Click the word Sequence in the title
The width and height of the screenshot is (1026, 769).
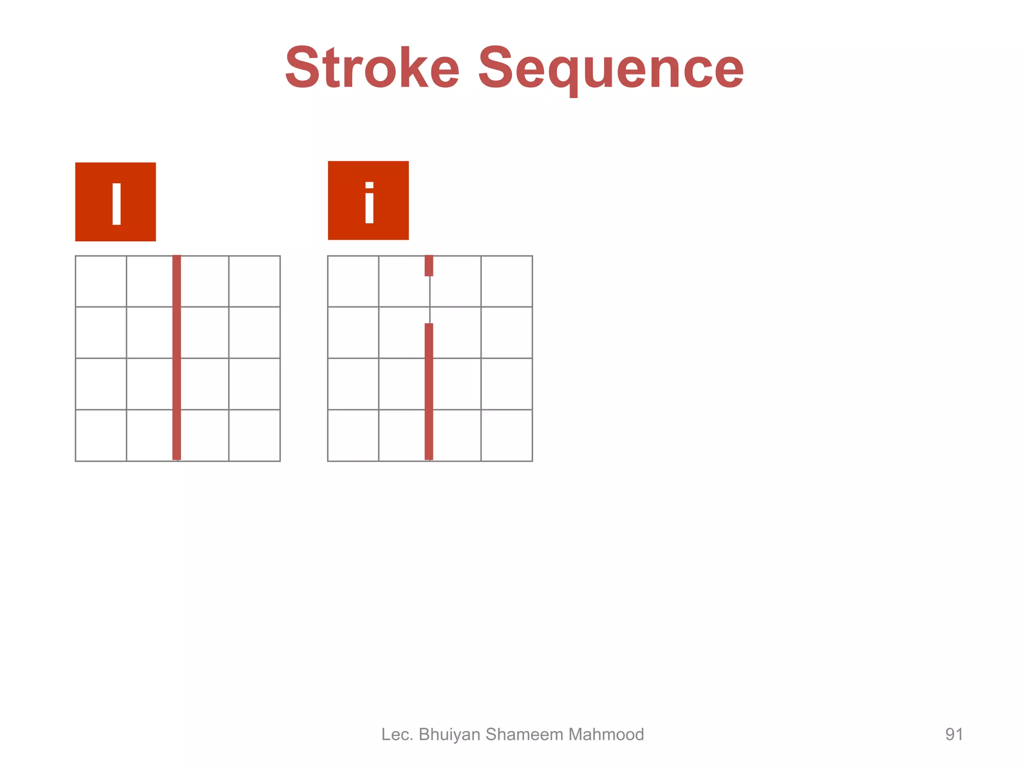[611, 68]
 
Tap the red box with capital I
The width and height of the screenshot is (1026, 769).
[115, 202]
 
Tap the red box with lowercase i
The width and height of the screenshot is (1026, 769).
[368, 200]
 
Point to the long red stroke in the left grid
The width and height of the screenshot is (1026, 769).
[176, 357]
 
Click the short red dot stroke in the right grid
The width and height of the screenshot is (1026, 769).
[429, 265]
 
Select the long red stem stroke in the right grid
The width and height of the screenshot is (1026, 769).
[429, 392]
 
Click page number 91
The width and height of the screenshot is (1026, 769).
[954, 734]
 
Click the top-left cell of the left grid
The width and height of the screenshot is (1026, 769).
[101, 281]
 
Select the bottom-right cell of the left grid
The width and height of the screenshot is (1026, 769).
[254, 435]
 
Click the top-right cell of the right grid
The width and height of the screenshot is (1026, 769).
[506, 281]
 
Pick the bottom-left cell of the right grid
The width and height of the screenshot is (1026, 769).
[353, 435]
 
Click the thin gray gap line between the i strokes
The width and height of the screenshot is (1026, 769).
[430, 299]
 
